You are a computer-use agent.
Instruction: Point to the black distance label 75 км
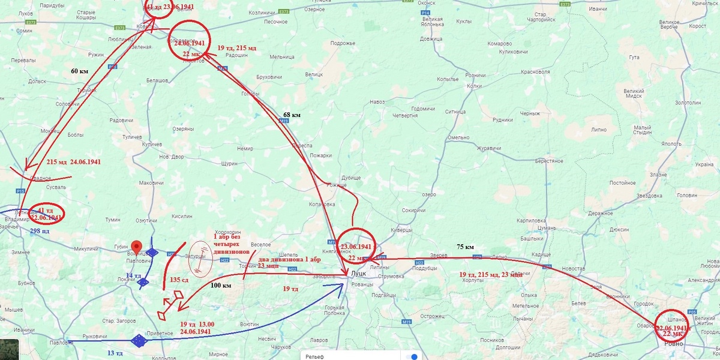[x=466, y=247]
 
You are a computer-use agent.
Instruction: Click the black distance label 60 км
[x=79, y=71]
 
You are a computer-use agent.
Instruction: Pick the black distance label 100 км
[x=220, y=286]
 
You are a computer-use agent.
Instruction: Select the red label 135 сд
[x=180, y=279]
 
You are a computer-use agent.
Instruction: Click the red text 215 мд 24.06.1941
[x=73, y=162]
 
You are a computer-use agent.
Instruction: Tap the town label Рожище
[x=336, y=185]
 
